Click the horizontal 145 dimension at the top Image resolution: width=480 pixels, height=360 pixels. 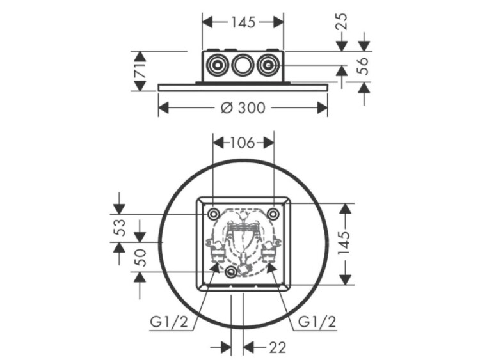coord(243,22)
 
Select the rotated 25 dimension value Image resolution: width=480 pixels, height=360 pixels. coord(342,21)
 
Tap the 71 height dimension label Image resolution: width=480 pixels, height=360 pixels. coord(140,71)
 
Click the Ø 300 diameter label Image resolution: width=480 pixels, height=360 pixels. coord(243,107)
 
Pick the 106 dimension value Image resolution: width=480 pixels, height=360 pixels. coord(242,143)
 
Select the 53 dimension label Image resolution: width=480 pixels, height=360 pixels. coord(120,228)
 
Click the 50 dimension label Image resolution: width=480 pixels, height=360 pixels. coord(140,258)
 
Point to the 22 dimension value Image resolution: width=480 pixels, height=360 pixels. coord(277,347)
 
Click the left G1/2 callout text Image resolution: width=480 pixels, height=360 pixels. coord(169,322)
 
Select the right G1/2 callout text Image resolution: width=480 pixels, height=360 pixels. coord(317,322)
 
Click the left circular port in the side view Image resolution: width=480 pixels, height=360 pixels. coord(217,65)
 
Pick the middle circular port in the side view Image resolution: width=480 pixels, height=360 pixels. coord(243,65)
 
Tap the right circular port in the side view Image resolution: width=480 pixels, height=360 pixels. coord(268,65)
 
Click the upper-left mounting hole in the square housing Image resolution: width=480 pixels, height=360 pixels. coord(212,214)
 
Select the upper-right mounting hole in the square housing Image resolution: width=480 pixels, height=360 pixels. coord(273,213)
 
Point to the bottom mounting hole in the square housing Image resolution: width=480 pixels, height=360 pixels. coord(231,272)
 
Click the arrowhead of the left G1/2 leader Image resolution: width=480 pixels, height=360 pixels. coord(215,267)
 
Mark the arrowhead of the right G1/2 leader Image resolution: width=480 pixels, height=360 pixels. coord(271,267)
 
